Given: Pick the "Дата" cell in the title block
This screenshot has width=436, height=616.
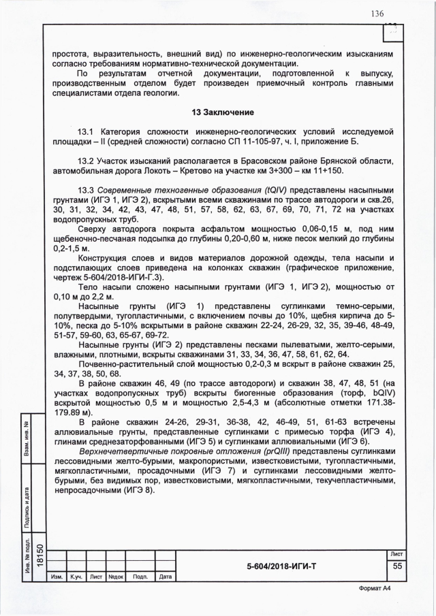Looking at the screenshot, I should pyautogui.click(x=164, y=577).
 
